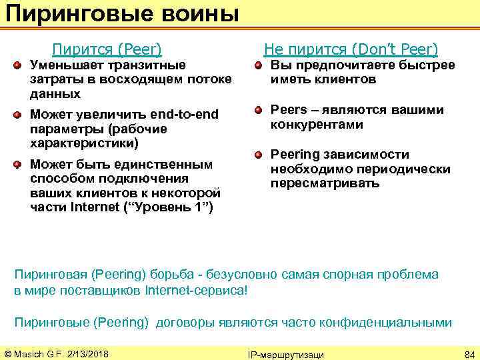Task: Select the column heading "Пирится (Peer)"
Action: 107,49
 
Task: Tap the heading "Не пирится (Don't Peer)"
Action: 351,49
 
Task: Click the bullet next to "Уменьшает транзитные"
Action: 18,65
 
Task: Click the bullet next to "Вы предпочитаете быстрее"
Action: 258,65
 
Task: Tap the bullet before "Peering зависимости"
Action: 258,155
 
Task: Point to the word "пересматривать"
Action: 325,183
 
